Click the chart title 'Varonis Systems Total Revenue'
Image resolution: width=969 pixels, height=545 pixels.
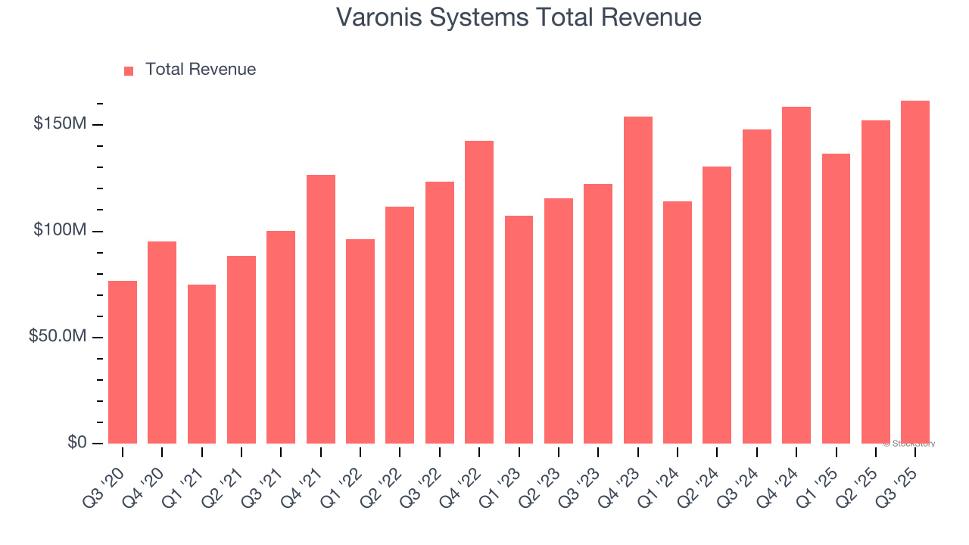tap(519, 17)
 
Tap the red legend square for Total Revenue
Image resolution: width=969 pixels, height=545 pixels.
tap(129, 70)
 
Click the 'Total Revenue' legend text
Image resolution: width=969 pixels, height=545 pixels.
tap(201, 70)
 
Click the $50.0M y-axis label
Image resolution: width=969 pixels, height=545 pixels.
tap(58, 336)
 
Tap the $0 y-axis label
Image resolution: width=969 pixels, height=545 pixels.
tap(76, 442)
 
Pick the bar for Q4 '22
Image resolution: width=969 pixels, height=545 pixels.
tap(479, 292)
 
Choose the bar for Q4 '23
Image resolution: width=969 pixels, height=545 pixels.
tap(637, 280)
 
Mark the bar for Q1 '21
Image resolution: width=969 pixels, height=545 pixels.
tap(201, 364)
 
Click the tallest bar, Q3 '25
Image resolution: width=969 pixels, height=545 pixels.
tap(915, 272)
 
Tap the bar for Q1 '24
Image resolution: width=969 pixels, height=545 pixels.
tap(678, 322)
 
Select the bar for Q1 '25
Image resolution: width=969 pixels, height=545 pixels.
tap(836, 298)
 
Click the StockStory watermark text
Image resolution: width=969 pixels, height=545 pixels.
tap(909, 444)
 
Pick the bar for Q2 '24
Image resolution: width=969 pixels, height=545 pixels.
tap(717, 305)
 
